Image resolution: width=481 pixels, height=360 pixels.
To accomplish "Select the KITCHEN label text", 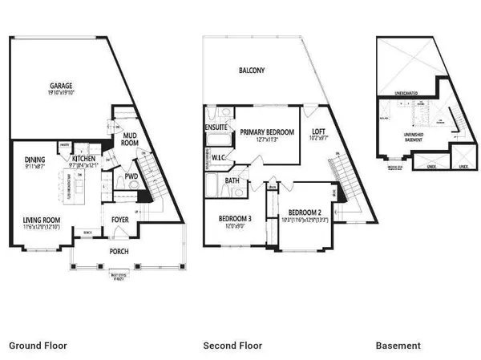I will point(84,159).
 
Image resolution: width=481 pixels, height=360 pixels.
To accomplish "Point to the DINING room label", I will point(35,159).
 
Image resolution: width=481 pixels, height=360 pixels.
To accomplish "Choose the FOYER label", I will point(120,215).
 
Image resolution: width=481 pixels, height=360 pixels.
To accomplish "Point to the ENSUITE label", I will point(217,127).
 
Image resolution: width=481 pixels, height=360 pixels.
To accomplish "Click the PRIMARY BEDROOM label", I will point(267,133).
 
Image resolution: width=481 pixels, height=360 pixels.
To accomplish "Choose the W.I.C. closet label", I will point(221,158).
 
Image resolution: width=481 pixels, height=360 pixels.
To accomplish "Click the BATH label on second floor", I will point(232,181).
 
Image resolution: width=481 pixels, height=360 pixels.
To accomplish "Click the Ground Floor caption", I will point(38,346).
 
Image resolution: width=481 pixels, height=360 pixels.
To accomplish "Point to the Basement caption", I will point(398,346).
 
